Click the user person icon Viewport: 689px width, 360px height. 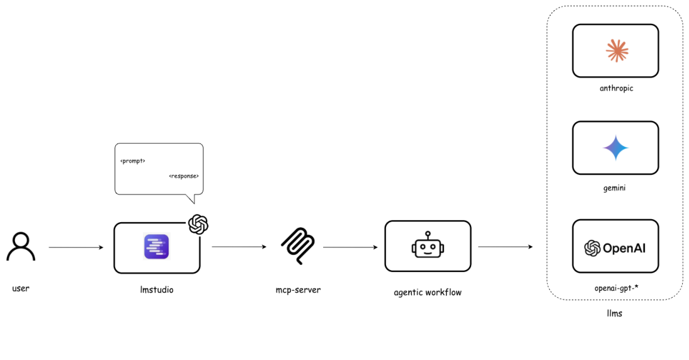(21, 247)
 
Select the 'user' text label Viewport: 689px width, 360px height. (21, 288)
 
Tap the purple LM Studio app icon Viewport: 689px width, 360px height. (156, 247)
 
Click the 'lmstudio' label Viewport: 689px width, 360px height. (156, 290)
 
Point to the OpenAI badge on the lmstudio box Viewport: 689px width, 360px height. (198, 224)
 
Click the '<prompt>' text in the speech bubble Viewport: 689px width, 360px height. (133, 161)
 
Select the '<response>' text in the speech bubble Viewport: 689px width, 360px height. (184, 176)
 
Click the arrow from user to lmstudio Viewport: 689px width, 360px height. (76, 247)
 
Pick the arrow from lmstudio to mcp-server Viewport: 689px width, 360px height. (239, 247)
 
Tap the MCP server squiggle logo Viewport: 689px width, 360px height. (298, 246)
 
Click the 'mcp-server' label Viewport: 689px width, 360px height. (298, 290)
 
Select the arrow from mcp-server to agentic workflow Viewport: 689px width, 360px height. (350, 247)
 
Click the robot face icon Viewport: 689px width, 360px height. (428, 246)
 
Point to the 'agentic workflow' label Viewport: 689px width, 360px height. (428, 292)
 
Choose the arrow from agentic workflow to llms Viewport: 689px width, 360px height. (505, 247)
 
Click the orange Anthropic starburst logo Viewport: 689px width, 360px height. (615, 50)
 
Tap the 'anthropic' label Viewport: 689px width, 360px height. (616, 88)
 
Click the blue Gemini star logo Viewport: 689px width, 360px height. (615, 148)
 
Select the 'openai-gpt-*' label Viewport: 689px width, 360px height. (615, 288)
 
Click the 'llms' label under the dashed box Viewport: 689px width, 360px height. (614, 313)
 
